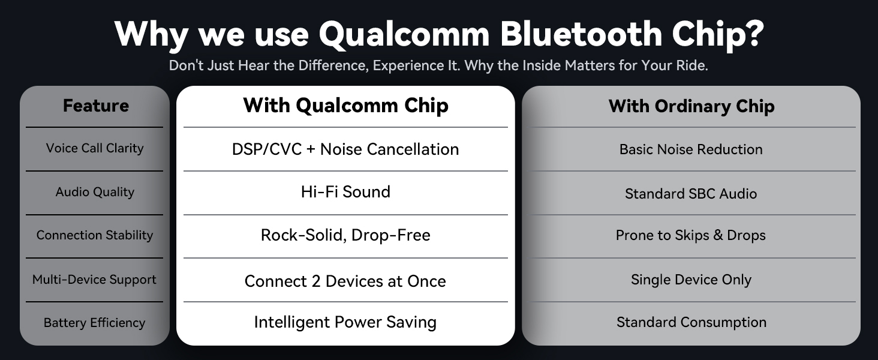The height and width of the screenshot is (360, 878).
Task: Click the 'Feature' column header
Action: (95, 106)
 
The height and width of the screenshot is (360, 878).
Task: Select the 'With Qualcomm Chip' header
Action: (345, 106)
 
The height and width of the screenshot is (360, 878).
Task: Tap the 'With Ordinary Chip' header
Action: (691, 106)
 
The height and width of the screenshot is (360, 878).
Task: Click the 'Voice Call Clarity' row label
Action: (95, 148)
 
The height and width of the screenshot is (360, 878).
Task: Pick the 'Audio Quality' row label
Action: (95, 192)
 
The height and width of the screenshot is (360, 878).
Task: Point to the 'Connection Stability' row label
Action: (95, 235)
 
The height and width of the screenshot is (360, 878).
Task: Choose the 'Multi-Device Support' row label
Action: (95, 280)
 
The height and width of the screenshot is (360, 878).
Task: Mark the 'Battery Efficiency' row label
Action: (95, 323)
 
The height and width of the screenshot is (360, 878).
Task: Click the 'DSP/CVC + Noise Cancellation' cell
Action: (345, 149)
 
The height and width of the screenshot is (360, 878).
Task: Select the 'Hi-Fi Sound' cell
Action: (345, 192)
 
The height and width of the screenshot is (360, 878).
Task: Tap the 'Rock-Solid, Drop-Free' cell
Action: (345, 235)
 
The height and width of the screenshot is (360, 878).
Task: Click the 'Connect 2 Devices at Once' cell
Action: (345, 281)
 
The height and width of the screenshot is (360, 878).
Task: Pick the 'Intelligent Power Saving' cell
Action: (345, 322)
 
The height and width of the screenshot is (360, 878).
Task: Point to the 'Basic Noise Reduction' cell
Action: (691, 149)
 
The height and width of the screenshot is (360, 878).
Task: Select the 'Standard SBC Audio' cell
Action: (691, 194)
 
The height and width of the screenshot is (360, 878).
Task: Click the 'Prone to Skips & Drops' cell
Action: (691, 235)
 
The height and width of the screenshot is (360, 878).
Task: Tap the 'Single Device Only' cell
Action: (691, 280)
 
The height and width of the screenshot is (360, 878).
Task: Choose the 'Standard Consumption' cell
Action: (691, 322)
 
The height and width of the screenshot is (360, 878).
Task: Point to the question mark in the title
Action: (754, 34)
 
